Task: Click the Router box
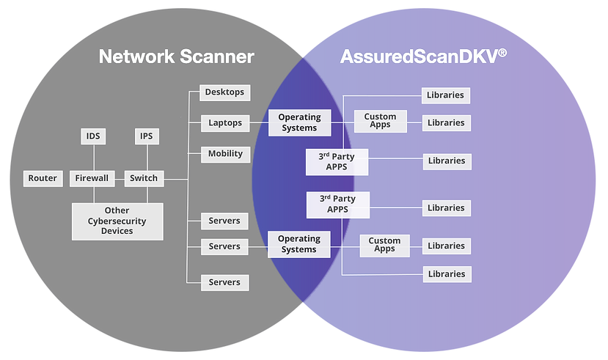[x=43, y=178]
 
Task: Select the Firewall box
[x=92, y=178]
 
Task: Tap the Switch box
[x=144, y=178]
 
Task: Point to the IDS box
[x=93, y=136]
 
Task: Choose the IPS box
[x=147, y=136]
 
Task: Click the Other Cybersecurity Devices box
[x=117, y=221]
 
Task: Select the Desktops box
[x=224, y=92]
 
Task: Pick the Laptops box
[x=224, y=123]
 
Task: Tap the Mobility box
[x=224, y=154]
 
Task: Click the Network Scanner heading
[x=176, y=56]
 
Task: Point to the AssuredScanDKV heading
[x=418, y=56]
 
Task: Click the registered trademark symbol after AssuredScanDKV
[x=502, y=52]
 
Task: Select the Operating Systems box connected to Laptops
[x=299, y=122]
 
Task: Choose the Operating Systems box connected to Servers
[x=299, y=244]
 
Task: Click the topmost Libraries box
[x=447, y=95]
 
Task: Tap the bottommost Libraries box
[x=447, y=274]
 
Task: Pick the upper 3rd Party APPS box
[x=337, y=162]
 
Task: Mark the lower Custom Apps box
[x=384, y=245]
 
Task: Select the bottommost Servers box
[x=224, y=282]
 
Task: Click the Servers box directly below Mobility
[x=224, y=221]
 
